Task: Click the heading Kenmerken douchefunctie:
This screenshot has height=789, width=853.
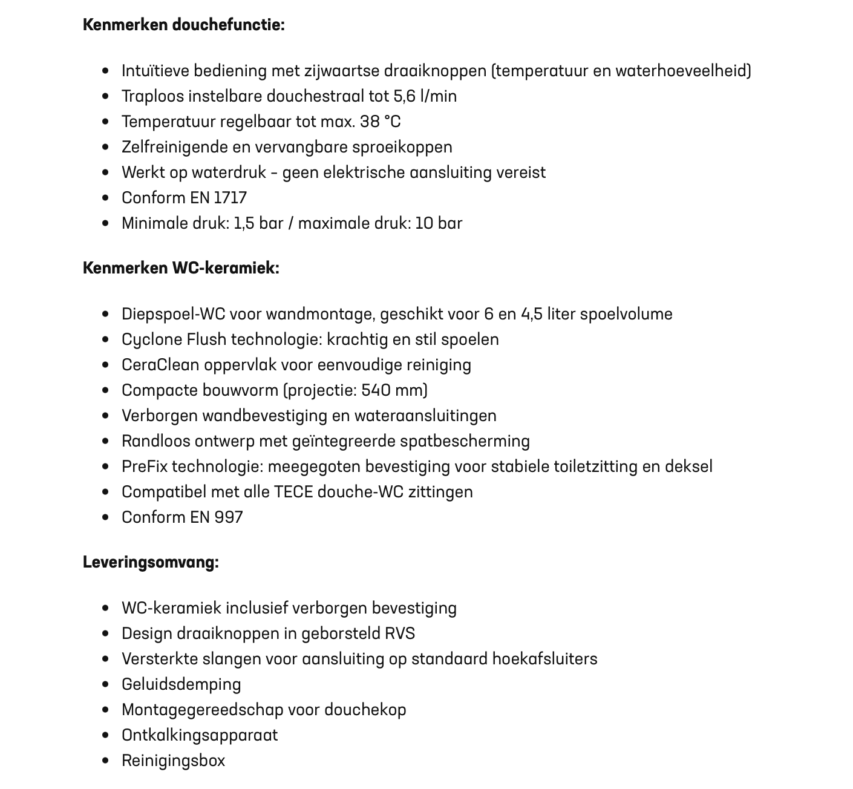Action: (x=183, y=25)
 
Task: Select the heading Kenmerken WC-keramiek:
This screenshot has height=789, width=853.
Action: (x=181, y=268)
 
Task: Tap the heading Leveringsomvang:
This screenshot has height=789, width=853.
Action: (x=151, y=562)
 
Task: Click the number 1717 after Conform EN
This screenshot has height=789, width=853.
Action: (x=230, y=198)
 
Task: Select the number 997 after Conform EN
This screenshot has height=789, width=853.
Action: (x=229, y=517)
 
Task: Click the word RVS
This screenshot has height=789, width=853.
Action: (x=400, y=633)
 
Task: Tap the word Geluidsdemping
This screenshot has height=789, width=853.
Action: (x=181, y=684)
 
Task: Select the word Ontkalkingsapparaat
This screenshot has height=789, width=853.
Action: (x=200, y=735)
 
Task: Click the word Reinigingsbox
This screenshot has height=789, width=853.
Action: (x=173, y=761)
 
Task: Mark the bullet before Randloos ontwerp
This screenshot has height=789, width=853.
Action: (x=106, y=441)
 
